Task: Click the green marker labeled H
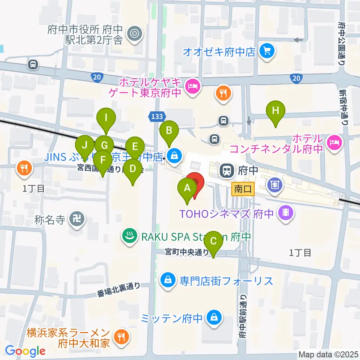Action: point(275,111)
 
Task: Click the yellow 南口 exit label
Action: point(243,189)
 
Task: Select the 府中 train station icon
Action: point(226,170)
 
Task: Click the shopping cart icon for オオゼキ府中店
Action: point(267,51)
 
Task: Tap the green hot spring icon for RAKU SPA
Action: point(129,236)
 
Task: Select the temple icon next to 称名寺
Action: point(79,217)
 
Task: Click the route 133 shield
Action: point(157,117)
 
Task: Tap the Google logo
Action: point(25,351)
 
